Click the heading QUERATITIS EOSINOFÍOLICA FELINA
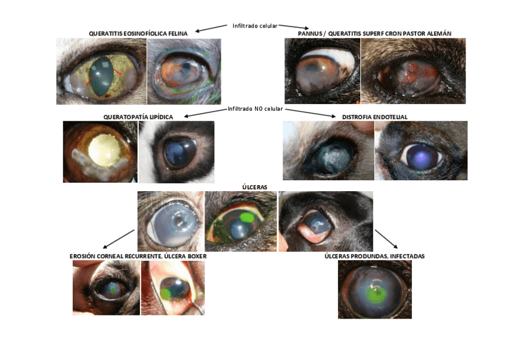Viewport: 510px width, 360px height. coord(138,33)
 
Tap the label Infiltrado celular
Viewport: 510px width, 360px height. coord(255,26)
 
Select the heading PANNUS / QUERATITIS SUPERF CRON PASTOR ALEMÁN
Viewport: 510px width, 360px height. coord(375,33)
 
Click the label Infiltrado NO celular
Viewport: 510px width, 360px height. coord(255,109)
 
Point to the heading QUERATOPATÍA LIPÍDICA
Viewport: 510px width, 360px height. coord(138,116)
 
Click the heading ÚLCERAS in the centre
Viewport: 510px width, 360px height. coord(254,187)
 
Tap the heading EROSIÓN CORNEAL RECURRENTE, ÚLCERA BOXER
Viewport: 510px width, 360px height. coord(138,256)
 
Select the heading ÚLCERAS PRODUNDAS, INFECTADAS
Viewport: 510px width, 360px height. coord(374,256)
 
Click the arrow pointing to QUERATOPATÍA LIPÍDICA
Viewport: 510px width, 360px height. coord(204,112)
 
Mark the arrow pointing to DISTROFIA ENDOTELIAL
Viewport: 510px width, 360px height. coord(310,112)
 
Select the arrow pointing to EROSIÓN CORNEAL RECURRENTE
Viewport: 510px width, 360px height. coord(118,239)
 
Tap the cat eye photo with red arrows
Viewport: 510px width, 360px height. coord(101,72)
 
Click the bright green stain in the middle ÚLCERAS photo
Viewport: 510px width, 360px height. coord(247,216)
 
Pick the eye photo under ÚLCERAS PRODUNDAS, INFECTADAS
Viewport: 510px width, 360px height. coord(374,289)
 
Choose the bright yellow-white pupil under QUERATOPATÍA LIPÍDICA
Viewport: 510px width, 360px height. coord(104,147)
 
